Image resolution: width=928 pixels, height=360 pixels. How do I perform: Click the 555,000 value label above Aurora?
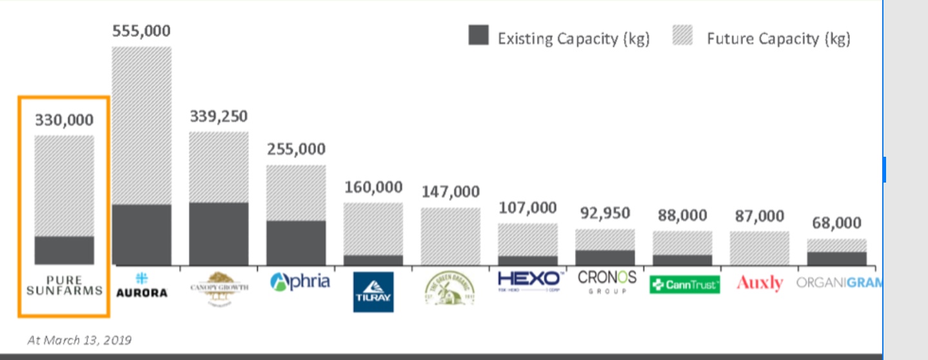click(141, 32)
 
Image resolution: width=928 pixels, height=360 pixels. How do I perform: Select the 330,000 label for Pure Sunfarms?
click(64, 120)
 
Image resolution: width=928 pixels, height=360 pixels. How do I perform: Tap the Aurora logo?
click(141, 285)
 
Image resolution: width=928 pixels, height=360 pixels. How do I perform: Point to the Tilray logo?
click(373, 292)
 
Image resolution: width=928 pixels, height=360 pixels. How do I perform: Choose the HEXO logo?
click(528, 281)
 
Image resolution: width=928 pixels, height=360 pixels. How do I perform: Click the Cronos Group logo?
click(607, 281)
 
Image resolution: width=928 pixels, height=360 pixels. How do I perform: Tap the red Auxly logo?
click(760, 283)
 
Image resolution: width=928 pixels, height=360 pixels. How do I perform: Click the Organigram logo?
click(838, 283)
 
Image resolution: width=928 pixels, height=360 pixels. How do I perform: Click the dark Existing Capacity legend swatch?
click(479, 36)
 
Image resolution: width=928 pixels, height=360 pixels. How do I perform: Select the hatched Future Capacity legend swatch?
click(682, 36)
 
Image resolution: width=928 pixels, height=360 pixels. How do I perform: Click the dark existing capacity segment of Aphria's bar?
click(296, 243)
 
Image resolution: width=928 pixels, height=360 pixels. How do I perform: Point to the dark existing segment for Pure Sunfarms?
click(64, 250)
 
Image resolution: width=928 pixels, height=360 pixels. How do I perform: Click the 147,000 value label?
click(451, 192)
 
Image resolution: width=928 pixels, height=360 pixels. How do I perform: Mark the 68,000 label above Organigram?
click(836, 223)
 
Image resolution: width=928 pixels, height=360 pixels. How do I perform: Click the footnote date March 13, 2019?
click(79, 339)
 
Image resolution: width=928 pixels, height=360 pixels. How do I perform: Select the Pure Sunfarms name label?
click(64, 285)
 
